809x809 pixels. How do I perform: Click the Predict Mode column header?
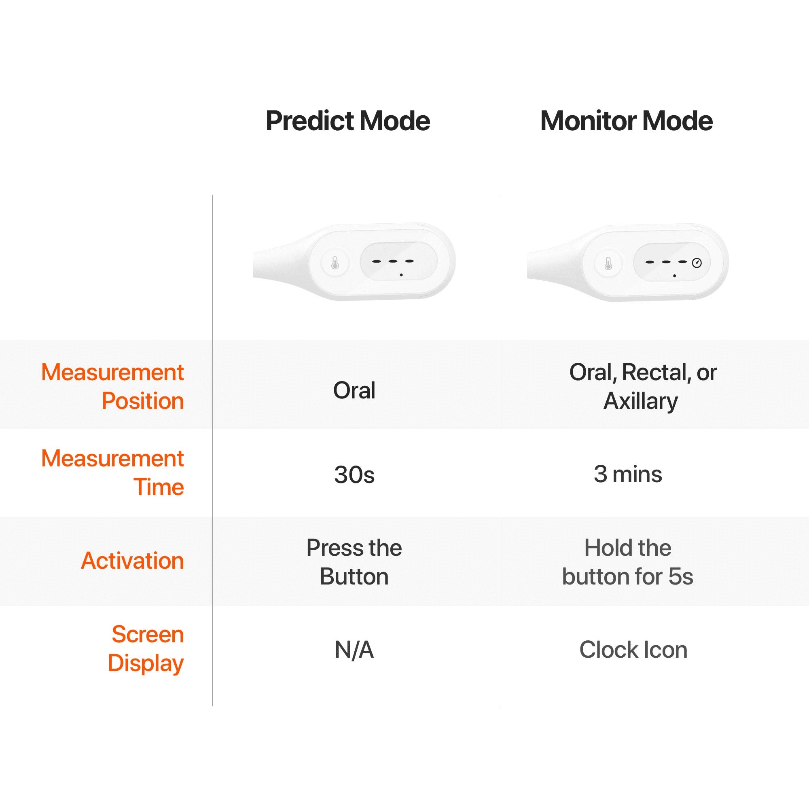[347, 121]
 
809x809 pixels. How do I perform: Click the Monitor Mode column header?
[627, 121]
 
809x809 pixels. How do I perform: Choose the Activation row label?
[132, 561]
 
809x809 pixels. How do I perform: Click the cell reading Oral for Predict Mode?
[354, 390]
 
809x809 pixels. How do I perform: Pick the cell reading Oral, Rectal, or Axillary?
[642, 386]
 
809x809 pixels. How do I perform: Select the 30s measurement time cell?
[354, 475]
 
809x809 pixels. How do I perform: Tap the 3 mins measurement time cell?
[628, 474]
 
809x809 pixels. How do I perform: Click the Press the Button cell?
[354, 562]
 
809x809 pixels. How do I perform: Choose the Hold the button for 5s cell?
[628, 562]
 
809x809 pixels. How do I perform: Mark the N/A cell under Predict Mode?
[354, 650]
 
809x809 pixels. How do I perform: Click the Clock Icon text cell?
[633, 650]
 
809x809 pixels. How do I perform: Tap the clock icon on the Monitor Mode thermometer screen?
[697, 263]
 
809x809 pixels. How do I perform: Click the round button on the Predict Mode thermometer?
[335, 263]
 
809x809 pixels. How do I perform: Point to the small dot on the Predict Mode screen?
[401, 275]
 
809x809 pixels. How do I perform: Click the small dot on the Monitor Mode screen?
[674, 276]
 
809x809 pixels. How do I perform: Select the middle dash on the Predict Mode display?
[393, 261]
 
